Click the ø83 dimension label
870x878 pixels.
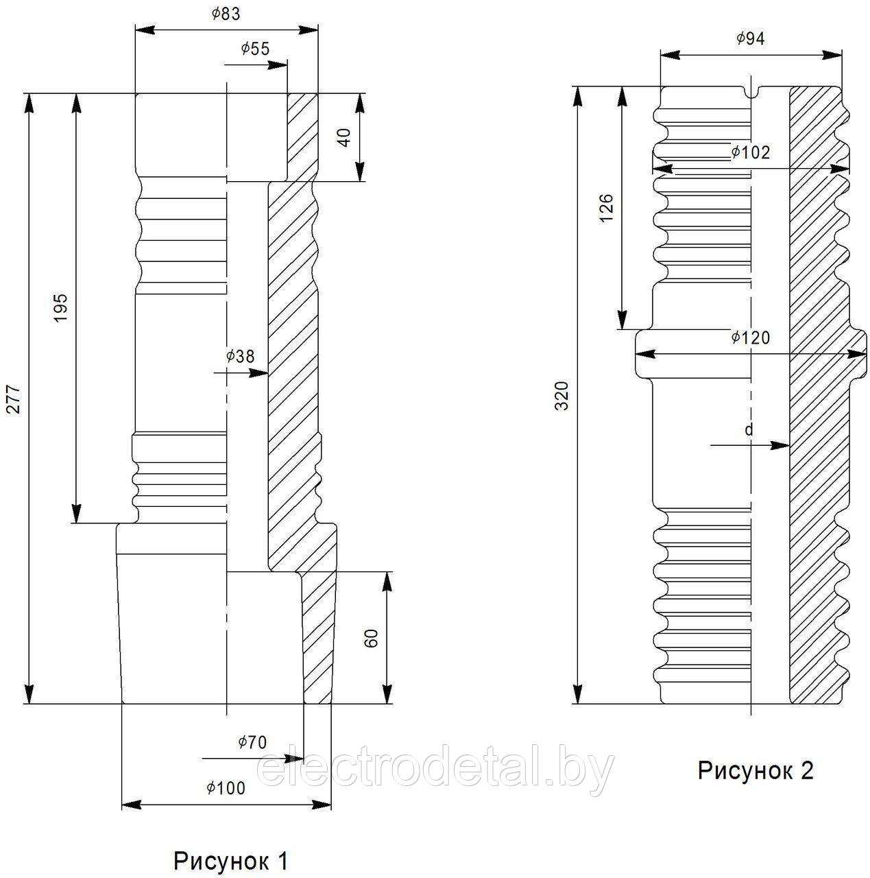(x=226, y=14)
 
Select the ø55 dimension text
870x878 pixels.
(x=255, y=49)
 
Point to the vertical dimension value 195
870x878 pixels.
(x=60, y=308)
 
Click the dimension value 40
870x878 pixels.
(x=346, y=137)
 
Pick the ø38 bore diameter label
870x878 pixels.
(x=240, y=356)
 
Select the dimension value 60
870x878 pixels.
(x=372, y=638)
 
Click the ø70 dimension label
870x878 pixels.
(x=252, y=742)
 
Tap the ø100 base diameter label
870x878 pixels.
(x=226, y=787)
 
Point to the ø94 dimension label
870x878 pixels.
(x=750, y=39)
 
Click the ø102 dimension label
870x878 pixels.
(x=750, y=152)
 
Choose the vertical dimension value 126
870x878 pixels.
(x=606, y=208)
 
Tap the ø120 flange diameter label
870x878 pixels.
(x=750, y=337)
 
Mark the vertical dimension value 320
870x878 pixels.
(x=563, y=396)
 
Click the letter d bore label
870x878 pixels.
(x=749, y=429)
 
